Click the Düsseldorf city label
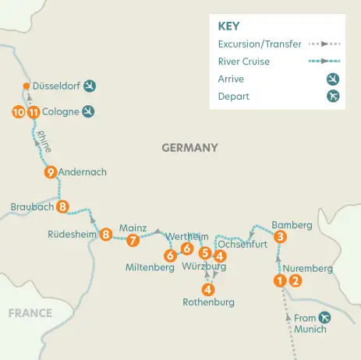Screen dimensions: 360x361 click(x=57, y=86)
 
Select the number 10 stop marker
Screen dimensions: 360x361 click(x=19, y=111)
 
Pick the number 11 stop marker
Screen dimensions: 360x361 click(x=34, y=111)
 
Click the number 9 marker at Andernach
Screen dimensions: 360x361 click(x=51, y=172)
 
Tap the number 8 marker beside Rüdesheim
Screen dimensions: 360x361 click(x=106, y=233)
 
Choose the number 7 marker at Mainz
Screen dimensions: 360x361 click(x=133, y=240)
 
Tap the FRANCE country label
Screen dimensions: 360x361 click(x=30, y=313)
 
